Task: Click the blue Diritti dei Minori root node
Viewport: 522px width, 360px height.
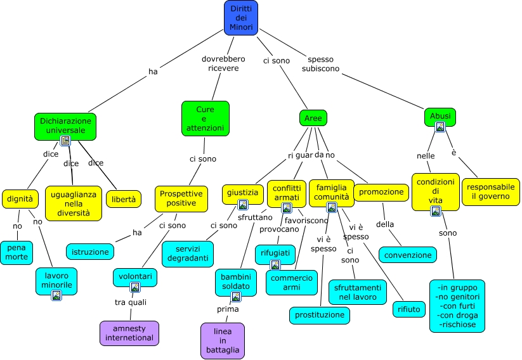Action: tap(241, 17)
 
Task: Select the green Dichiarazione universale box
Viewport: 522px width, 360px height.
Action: tap(65, 125)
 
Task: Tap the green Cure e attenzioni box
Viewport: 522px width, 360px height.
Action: tap(205, 119)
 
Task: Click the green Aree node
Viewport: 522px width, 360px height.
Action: tap(313, 118)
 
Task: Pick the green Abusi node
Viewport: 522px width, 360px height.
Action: tap(440, 115)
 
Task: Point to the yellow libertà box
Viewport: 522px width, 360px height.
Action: tap(123, 199)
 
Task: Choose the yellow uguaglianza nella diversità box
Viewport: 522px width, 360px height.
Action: tap(74, 203)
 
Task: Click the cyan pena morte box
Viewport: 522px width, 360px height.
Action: tap(16, 252)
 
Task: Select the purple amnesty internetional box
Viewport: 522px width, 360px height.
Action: tap(129, 333)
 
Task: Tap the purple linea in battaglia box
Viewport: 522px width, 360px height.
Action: tap(222, 340)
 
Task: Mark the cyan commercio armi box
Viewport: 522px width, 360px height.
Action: tap(292, 283)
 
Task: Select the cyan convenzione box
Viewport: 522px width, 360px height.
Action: tap(408, 255)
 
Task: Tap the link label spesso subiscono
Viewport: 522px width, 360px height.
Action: tap(320, 64)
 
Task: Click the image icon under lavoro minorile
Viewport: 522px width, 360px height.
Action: tap(56, 295)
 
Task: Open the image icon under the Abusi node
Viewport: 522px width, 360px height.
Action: tap(440, 127)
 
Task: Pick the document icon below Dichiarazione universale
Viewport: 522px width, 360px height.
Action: tap(65, 141)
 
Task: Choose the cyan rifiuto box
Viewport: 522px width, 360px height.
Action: tap(408, 309)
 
